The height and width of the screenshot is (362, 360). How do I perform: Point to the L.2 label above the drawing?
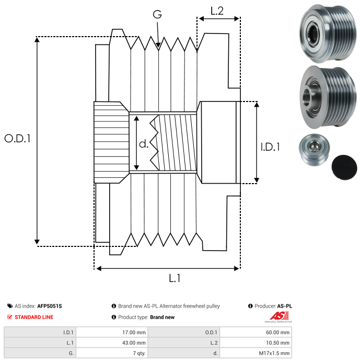217,10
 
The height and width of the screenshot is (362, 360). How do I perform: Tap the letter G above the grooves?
157,15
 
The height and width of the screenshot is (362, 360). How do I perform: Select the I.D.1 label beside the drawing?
270,148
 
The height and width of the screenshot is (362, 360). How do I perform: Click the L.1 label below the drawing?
175,279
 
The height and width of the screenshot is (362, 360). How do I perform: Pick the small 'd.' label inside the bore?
144,143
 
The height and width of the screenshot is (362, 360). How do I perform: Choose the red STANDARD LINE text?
33,317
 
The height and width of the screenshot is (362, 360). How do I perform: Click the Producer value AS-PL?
284,306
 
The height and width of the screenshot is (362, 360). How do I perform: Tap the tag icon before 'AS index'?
10,306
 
